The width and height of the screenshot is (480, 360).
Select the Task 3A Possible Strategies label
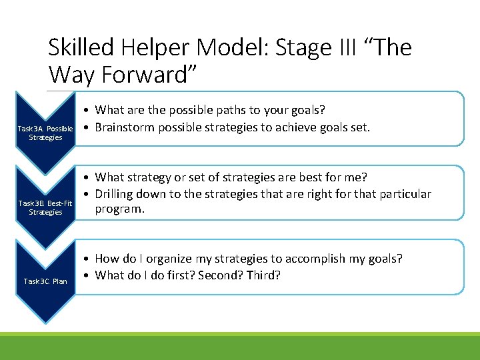click(x=45, y=133)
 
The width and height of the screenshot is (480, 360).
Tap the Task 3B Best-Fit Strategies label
click(x=45, y=207)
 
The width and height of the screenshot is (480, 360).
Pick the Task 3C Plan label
click(x=45, y=281)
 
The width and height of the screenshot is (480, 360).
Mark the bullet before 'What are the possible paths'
click(x=87, y=110)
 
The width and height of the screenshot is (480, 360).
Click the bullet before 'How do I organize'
click(x=87, y=259)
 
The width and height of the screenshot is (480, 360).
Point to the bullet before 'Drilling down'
click(x=87, y=195)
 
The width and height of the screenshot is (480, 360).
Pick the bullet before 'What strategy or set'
click(x=87, y=177)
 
